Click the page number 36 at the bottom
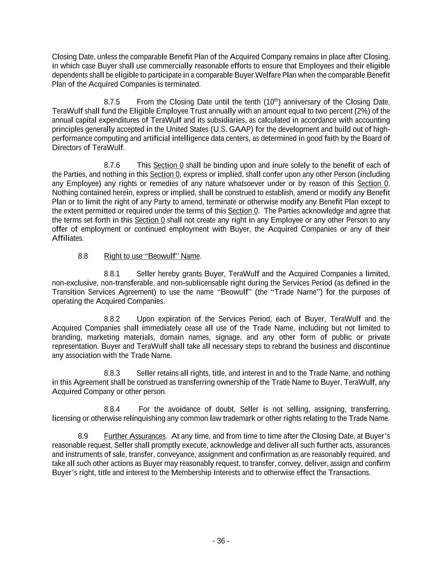[221, 541]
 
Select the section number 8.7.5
[112, 102]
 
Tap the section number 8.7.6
[112, 165]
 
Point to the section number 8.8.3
[112, 373]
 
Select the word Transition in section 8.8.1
[68, 292]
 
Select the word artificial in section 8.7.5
[142, 138]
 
